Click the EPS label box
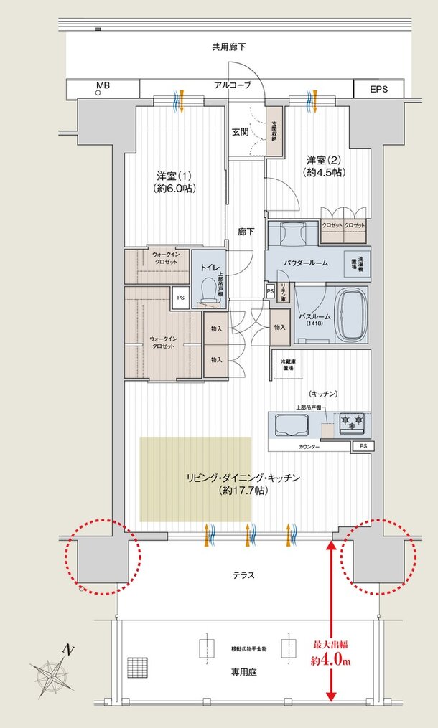[x=378, y=89]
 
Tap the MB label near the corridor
[x=103, y=85]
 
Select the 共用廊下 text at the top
[x=228, y=47]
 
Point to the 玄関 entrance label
[x=240, y=131]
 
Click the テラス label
[x=243, y=575]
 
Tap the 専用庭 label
[x=244, y=672]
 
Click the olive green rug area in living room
[x=195, y=478]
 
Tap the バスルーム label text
[x=313, y=316]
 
